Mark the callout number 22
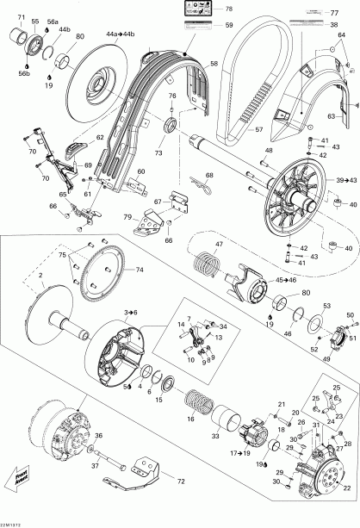346,487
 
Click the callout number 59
229,26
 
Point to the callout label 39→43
346,180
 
